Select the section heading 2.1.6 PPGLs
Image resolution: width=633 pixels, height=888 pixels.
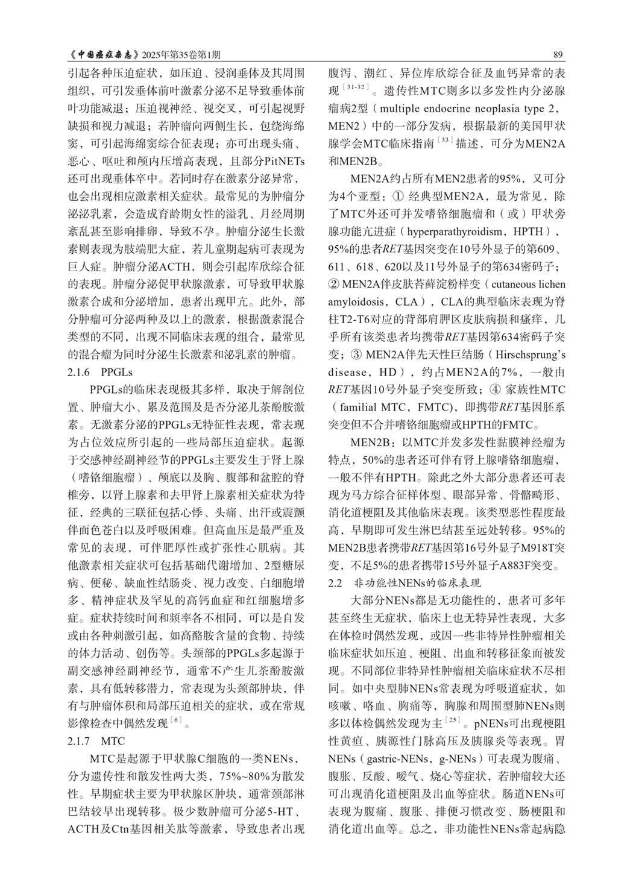(x=100, y=371)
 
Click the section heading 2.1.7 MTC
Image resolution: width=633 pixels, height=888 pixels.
(x=96, y=740)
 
